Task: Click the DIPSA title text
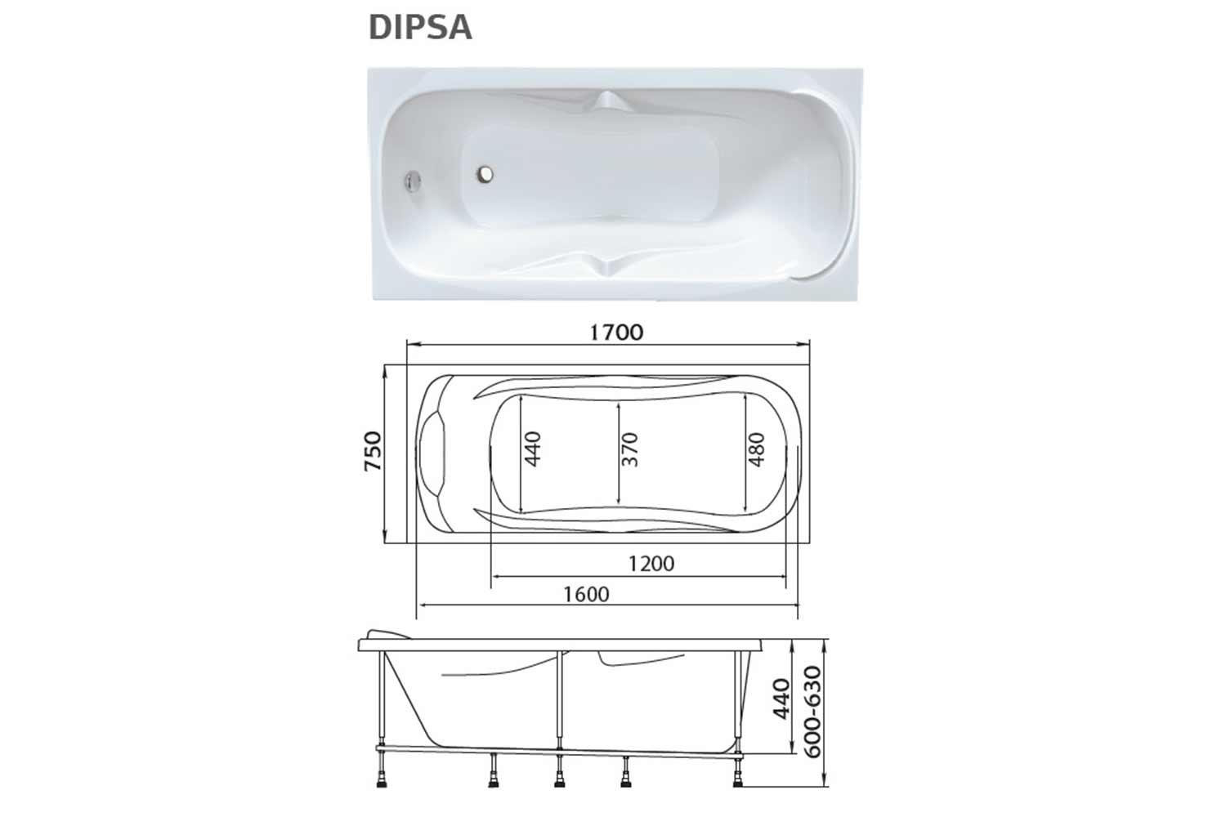(x=420, y=27)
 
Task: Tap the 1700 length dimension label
(x=615, y=333)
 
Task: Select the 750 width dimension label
(x=374, y=451)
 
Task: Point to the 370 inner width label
(x=630, y=449)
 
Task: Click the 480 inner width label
(x=756, y=449)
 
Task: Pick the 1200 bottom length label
(x=651, y=563)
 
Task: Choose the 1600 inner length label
(x=586, y=594)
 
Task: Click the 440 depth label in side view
(x=781, y=699)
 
